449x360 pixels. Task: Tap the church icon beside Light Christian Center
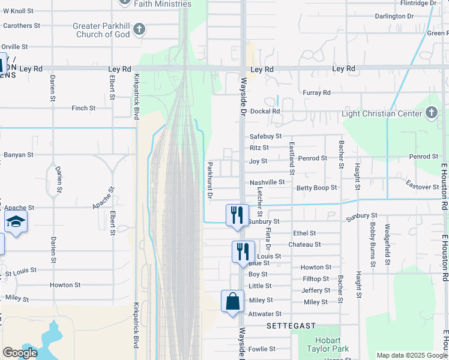pyautogui.click(x=431, y=113)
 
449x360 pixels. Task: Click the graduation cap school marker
pyautogui.click(x=16, y=221)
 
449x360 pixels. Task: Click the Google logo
pyautogui.click(x=20, y=353)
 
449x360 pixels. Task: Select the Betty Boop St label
pyautogui.click(x=317, y=188)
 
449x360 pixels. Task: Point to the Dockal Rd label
pyautogui.click(x=265, y=111)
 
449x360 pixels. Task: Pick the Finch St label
pyautogui.click(x=83, y=108)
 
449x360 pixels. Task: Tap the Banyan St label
pyautogui.click(x=18, y=154)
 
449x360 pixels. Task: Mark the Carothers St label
pyautogui.click(x=21, y=26)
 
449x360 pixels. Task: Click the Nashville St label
pyautogui.click(x=267, y=182)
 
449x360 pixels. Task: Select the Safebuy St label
pyautogui.click(x=265, y=137)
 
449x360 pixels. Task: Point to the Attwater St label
pyautogui.click(x=265, y=314)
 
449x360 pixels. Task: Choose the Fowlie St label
pyautogui.click(x=262, y=349)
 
